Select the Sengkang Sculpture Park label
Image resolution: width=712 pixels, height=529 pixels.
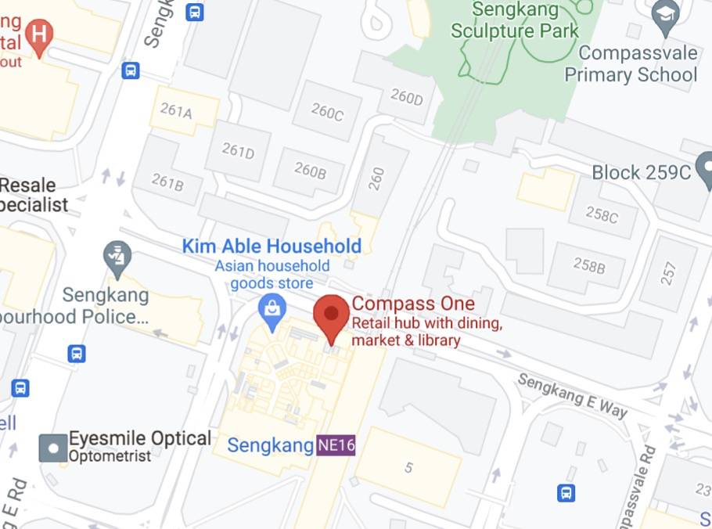click(x=515, y=21)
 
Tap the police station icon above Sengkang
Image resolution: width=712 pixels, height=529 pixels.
click(x=117, y=255)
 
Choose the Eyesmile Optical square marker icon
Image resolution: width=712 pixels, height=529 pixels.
click(x=53, y=448)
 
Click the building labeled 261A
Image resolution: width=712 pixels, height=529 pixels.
click(x=176, y=111)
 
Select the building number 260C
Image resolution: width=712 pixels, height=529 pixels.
click(x=327, y=113)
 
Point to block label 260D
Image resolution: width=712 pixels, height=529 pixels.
click(x=406, y=98)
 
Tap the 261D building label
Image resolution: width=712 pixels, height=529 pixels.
click(x=238, y=151)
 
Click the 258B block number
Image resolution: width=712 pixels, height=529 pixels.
click(x=589, y=266)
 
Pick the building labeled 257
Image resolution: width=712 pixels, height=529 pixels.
click(x=668, y=273)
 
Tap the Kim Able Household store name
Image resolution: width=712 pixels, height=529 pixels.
click(x=271, y=246)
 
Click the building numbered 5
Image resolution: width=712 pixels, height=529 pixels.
click(x=408, y=468)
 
